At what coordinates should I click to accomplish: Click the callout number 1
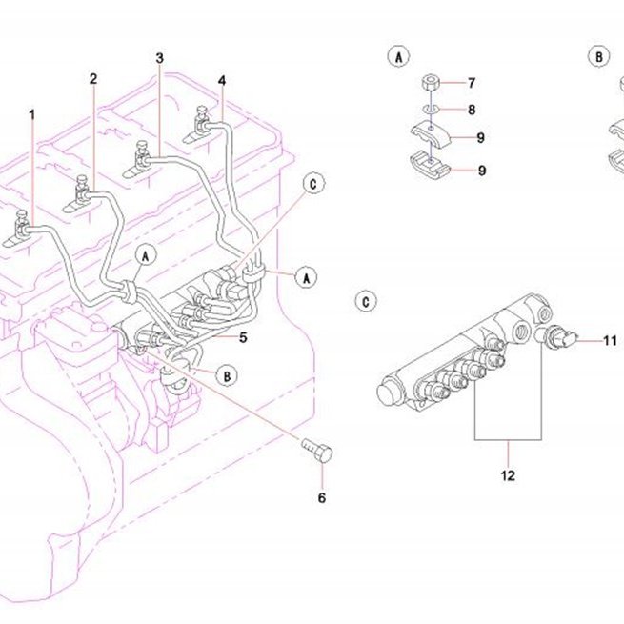coord(32,115)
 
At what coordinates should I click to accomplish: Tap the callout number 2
coord(93,79)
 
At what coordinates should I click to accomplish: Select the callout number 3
coord(160,58)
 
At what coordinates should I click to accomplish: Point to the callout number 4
coord(222,81)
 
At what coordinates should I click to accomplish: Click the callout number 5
coord(243,337)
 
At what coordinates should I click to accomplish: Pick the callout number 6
coord(322,498)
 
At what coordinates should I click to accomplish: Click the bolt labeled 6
coord(317,450)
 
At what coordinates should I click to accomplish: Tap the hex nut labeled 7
coord(431,83)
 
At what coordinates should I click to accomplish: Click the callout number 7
coord(472,83)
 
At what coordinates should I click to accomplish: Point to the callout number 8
coord(472,110)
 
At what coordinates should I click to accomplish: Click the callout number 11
coord(610,341)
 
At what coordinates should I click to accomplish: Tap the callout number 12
coord(508,475)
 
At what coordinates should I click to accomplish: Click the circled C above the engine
coord(314,184)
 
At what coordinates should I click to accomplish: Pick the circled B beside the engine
coord(227,376)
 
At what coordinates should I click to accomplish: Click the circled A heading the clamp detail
coord(399,56)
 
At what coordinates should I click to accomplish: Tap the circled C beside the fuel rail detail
coord(366,301)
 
